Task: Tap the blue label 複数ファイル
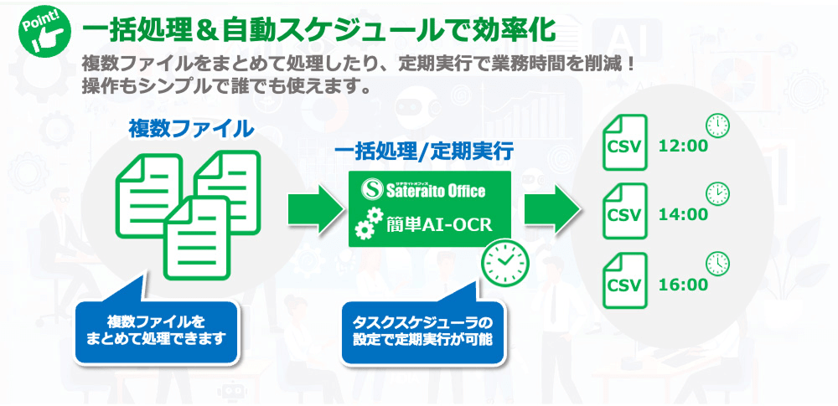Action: tap(191, 128)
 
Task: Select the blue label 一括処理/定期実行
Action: tap(424, 152)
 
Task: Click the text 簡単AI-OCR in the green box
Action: tap(444, 225)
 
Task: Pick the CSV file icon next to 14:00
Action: tap(624, 213)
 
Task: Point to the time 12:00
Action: tap(684, 146)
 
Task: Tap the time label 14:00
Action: tap(684, 215)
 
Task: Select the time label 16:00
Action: tap(684, 285)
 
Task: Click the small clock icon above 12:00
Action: tap(717, 126)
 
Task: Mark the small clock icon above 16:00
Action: tap(717, 264)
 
